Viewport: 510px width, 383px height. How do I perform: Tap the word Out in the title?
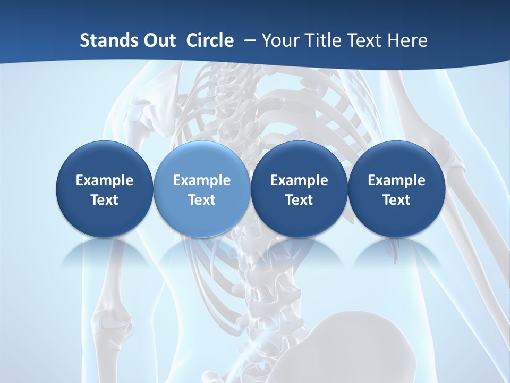159,40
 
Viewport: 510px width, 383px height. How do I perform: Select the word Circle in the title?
210,40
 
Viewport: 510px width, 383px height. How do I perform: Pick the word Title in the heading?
323,40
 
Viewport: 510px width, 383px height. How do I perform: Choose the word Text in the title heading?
365,40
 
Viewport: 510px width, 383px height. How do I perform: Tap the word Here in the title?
407,40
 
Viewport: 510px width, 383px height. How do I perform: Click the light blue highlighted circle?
202,189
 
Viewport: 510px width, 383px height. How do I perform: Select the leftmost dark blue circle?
105,189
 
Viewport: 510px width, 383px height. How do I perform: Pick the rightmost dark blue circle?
396,189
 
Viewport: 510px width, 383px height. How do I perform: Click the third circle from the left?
299,189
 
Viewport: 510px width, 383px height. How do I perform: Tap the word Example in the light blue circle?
202,180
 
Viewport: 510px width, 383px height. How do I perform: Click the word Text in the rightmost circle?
396,200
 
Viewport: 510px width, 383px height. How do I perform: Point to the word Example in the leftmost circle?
105,180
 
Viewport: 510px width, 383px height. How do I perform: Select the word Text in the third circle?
299,200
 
